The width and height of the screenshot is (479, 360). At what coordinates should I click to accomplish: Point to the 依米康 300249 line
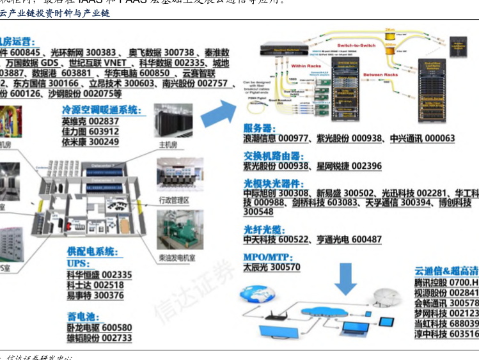click(x=90, y=142)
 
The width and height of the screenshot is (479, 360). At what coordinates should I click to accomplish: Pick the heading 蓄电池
click(x=81, y=315)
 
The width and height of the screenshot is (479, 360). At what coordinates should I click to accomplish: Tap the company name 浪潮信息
click(x=263, y=138)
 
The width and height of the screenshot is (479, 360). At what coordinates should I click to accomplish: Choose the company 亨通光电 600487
click(x=349, y=240)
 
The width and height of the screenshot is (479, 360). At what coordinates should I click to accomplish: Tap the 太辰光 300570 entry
click(x=271, y=267)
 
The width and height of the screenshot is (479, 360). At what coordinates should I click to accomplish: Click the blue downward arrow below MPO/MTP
click(x=347, y=277)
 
